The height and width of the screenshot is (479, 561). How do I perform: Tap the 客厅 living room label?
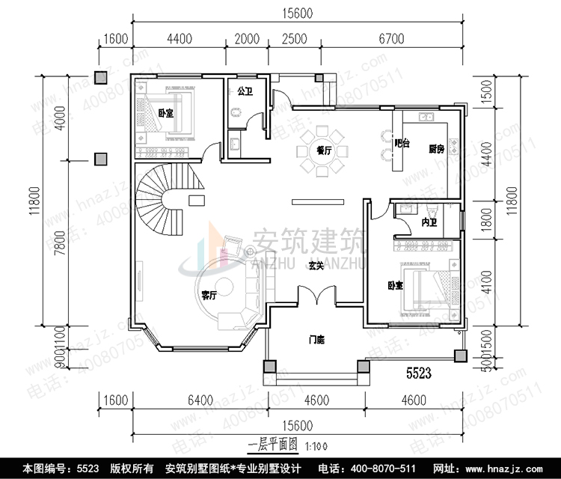(209, 295)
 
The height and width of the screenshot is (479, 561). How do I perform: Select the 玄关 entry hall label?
(316, 265)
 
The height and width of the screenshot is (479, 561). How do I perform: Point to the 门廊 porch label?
(316, 341)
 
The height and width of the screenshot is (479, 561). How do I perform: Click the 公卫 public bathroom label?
(244, 91)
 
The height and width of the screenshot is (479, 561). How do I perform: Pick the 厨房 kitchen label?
(437, 149)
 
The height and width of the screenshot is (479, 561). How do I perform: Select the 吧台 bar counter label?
(402, 143)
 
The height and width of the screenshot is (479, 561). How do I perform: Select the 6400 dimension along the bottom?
(201, 400)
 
